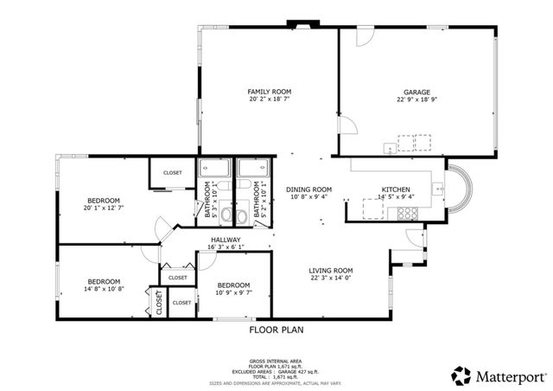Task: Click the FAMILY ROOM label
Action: [269, 92]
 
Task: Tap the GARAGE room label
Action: [416, 92]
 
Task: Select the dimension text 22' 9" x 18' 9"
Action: [416, 100]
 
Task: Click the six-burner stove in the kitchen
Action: [414, 141]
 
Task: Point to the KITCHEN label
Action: [396, 189]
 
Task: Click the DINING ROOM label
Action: [308, 189]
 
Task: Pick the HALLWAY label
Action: [225, 240]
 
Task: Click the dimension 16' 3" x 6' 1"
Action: [225, 248]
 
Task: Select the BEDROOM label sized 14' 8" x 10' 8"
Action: [103, 282]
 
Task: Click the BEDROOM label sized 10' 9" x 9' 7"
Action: [233, 285]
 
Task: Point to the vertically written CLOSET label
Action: [159, 302]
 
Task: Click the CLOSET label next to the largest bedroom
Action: [173, 173]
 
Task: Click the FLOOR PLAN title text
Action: [276, 330]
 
